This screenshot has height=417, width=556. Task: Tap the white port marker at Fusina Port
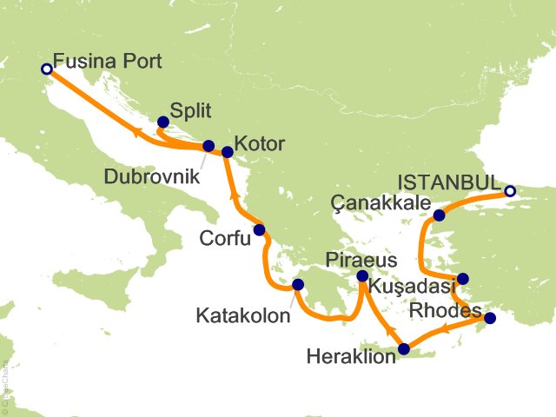coord(46,68)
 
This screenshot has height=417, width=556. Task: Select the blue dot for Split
coord(162,122)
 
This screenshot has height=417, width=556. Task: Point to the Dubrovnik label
coord(150,175)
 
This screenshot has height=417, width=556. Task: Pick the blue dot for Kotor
coord(228,152)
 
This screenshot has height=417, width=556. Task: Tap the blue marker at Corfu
coord(258,231)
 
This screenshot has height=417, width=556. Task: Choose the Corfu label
coord(224,237)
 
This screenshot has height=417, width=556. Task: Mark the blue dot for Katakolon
coord(298,284)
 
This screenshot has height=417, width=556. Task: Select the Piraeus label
coord(361,260)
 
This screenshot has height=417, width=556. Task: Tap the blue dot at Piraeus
coord(363,276)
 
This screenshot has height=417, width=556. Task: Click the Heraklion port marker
coord(403,350)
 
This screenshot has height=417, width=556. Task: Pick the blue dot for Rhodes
coord(490,318)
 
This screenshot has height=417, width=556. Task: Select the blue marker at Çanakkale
coord(440,215)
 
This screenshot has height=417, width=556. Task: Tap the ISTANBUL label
coord(448,183)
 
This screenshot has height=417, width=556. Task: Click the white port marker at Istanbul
coord(510,191)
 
